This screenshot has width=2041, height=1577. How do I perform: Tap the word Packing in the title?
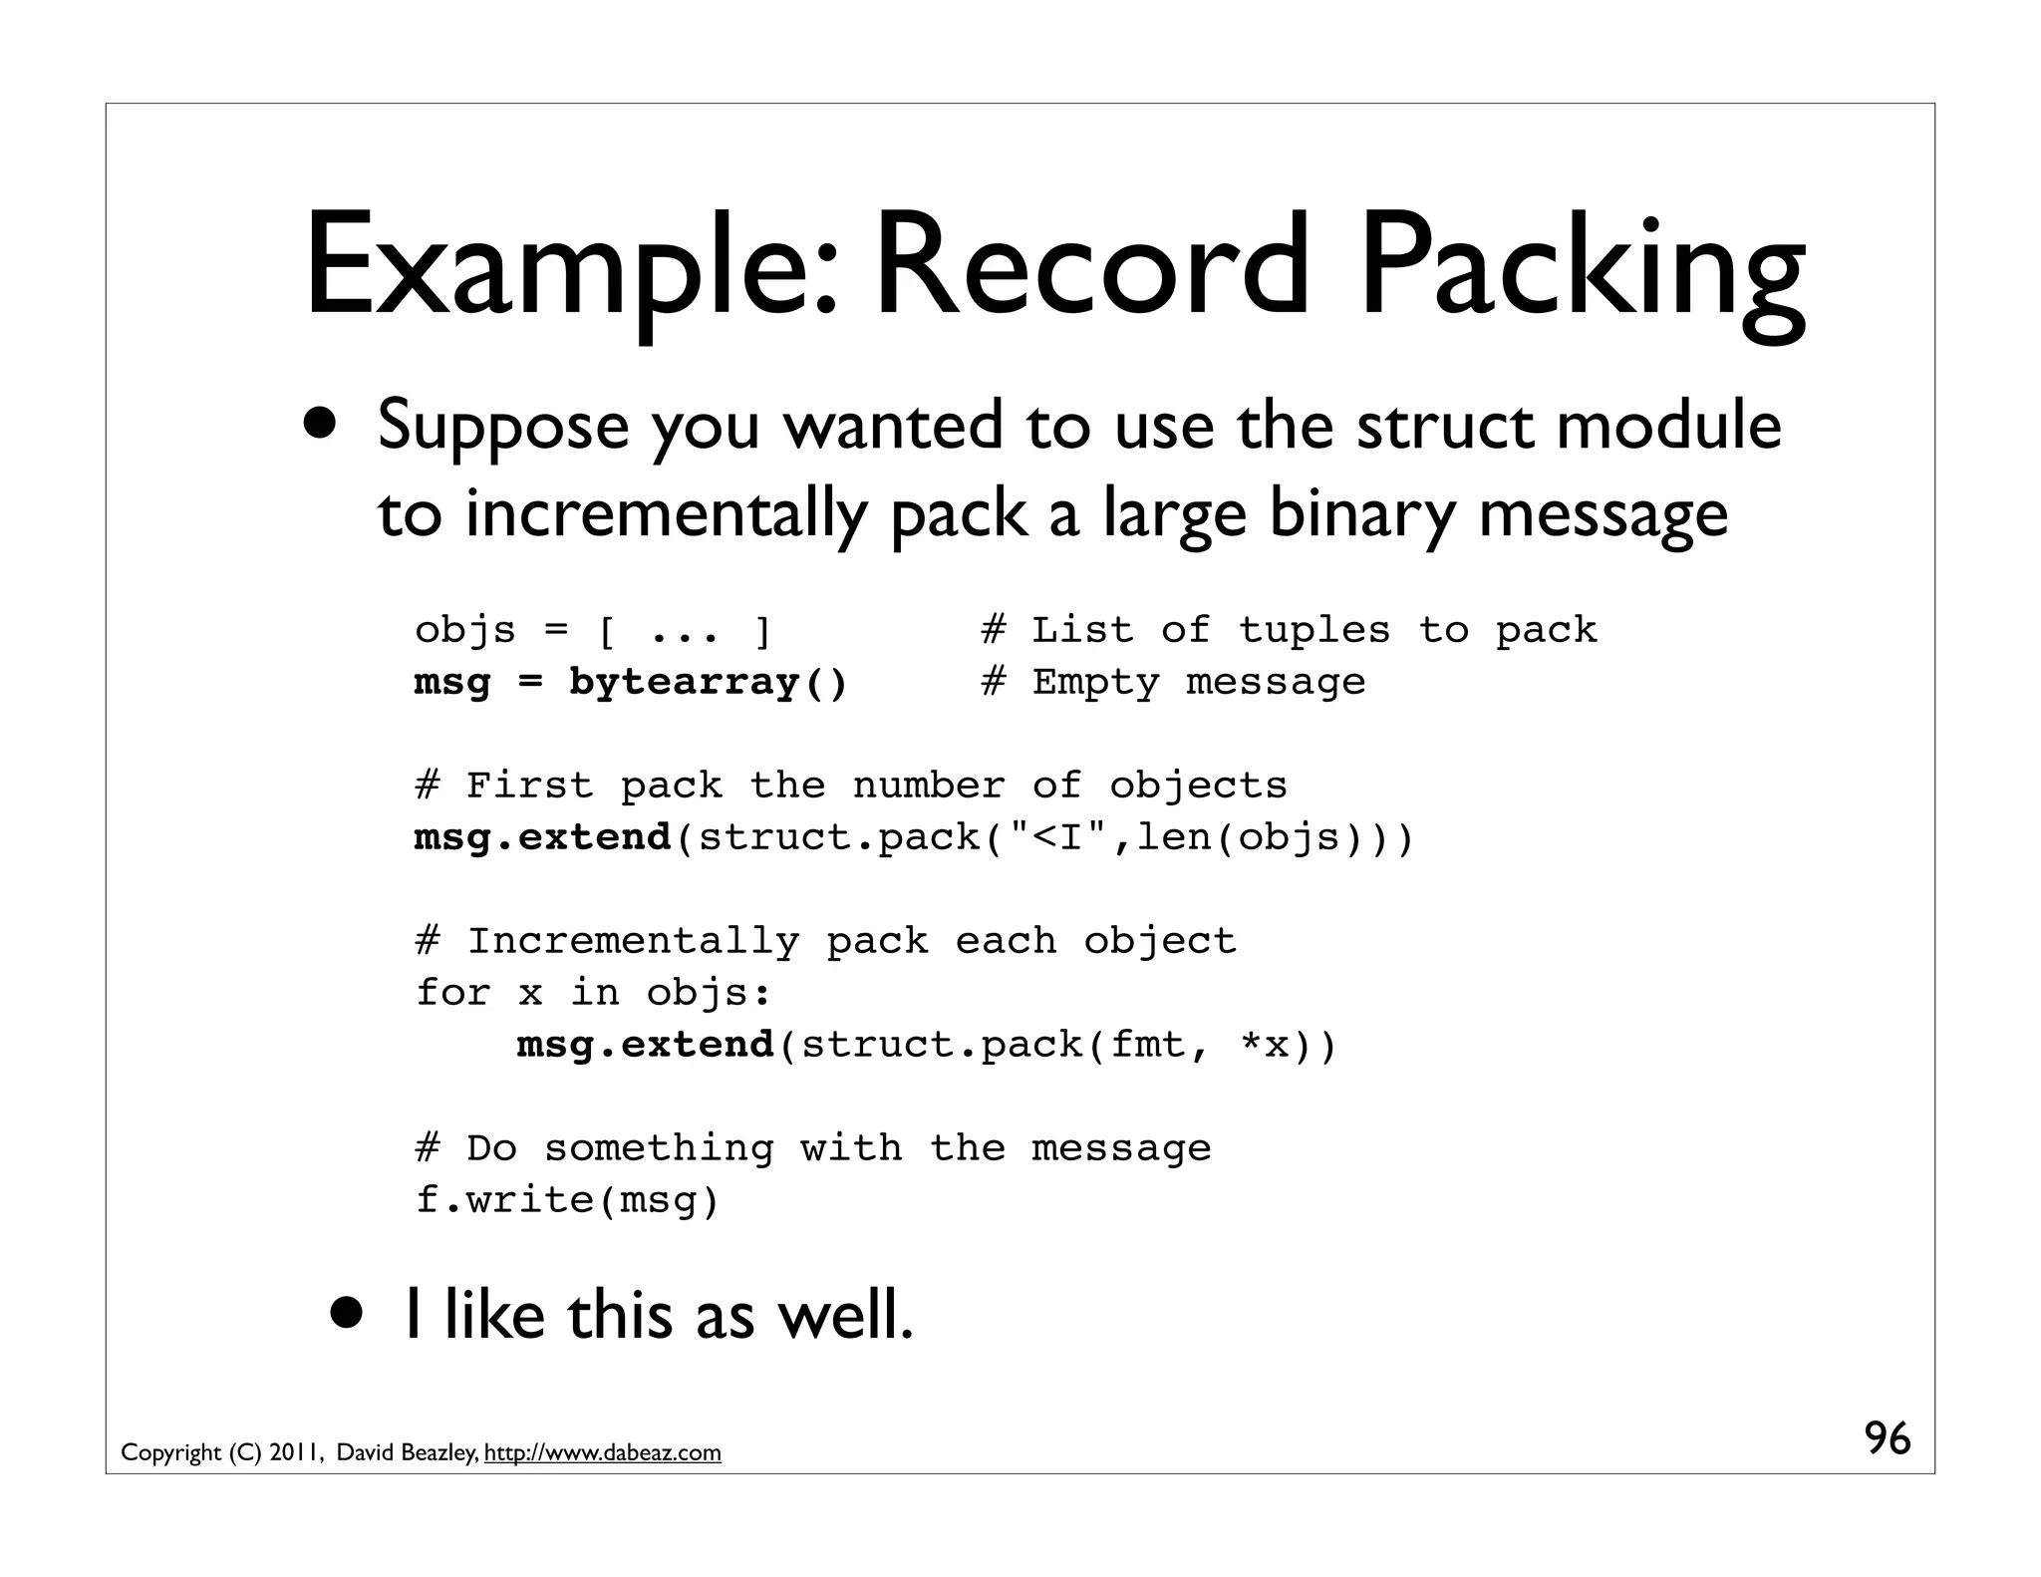tap(1583, 267)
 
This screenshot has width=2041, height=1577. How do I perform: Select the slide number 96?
tap(1888, 1438)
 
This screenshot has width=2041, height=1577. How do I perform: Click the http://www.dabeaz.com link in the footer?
tap(602, 1452)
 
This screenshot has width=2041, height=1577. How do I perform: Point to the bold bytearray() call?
tap(708, 683)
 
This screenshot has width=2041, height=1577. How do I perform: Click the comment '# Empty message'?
tap(1173, 683)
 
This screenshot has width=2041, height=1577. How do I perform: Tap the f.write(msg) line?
tap(567, 1200)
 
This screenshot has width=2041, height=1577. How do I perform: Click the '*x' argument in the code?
tap(1265, 1045)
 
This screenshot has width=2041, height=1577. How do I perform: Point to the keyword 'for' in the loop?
tap(452, 993)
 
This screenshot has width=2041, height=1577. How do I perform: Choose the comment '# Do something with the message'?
tap(813, 1148)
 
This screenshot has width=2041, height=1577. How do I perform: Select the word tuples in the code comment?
tap(1313, 630)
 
